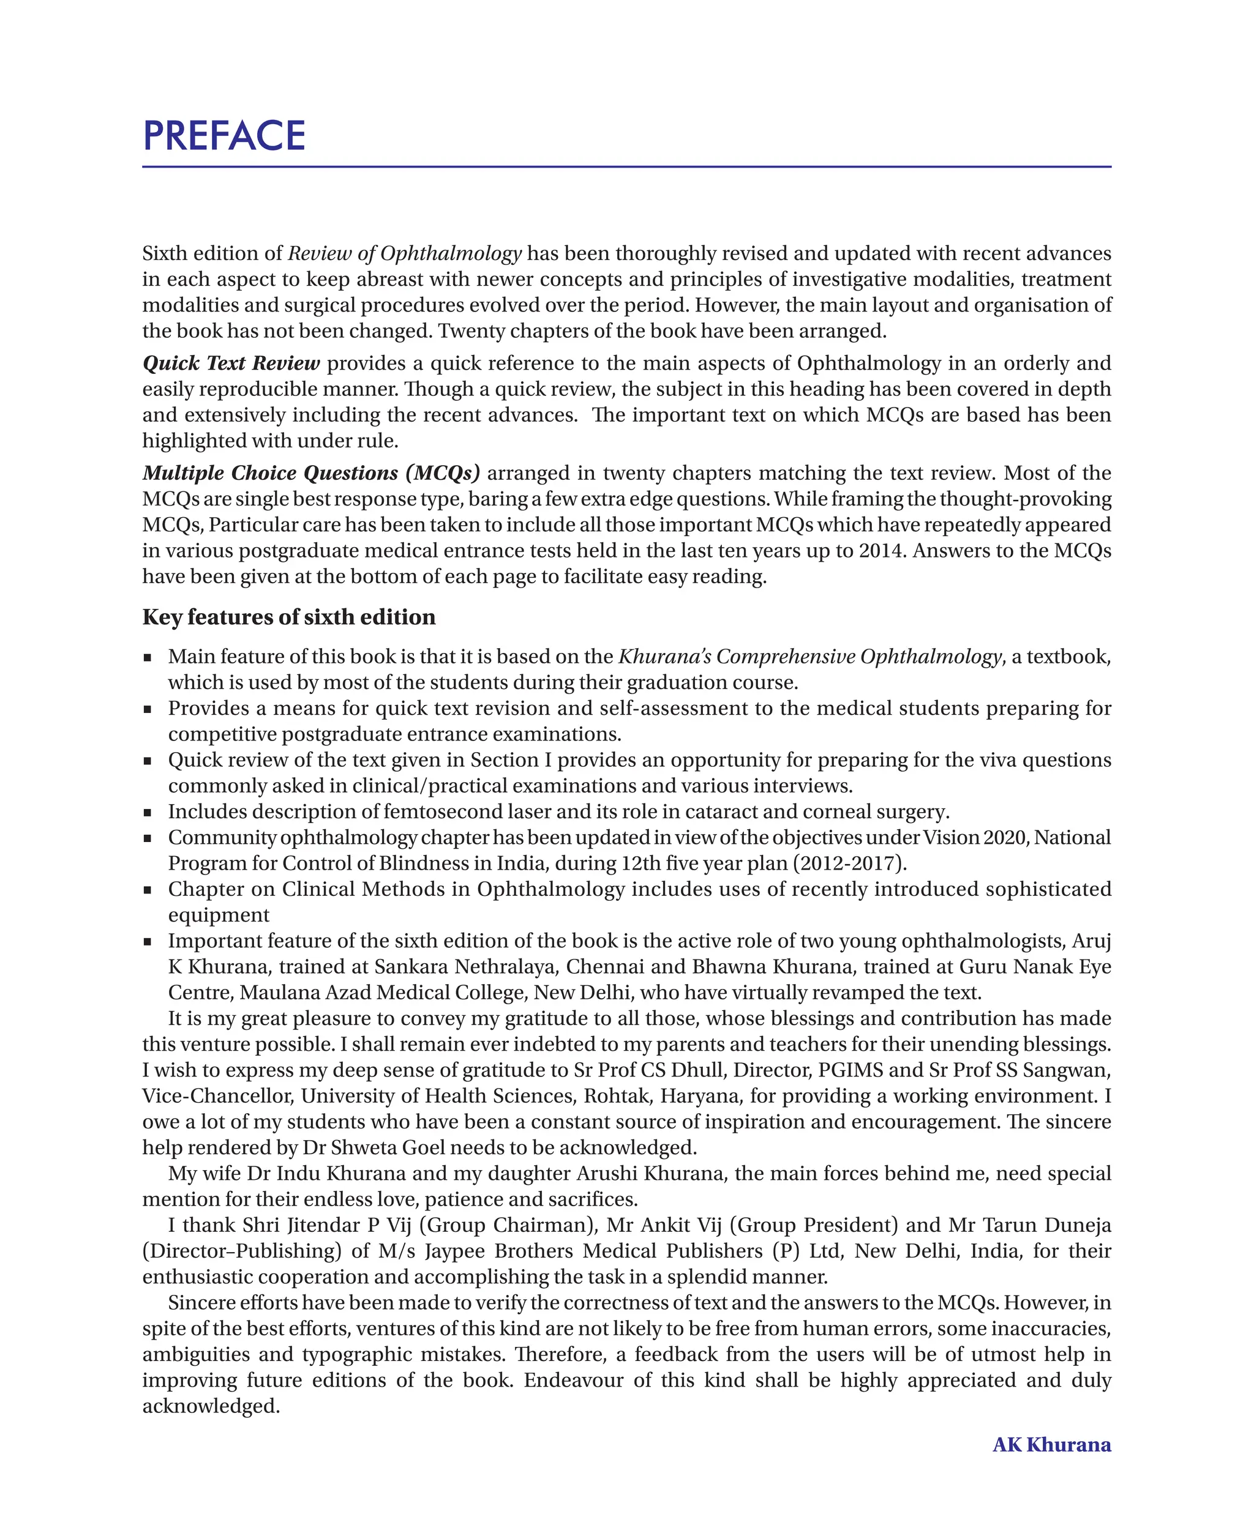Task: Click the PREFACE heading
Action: (x=224, y=136)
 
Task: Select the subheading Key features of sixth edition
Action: (x=289, y=617)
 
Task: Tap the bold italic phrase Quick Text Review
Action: (x=231, y=364)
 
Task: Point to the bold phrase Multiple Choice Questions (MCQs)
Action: (x=311, y=473)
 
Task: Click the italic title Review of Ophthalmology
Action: (x=405, y=253)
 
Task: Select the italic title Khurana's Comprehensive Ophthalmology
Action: (x=809, y=657)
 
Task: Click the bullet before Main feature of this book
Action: (x=148, y=658)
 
